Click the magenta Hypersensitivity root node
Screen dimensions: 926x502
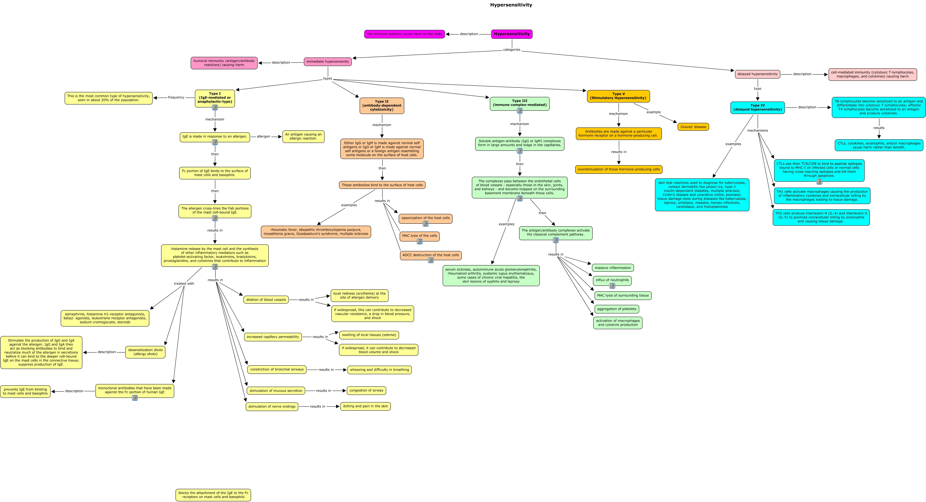(x=512, y=34)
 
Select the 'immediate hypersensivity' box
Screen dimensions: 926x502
(x=327, y=61)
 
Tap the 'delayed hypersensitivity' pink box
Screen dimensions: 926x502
(x=757, y=74)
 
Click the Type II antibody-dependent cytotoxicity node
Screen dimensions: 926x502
(x=382, y=106)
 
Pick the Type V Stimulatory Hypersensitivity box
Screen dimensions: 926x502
(x=618, y=96)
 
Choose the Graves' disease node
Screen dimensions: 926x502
(x=693, y=127)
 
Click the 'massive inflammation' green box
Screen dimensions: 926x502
(x=613, y=268)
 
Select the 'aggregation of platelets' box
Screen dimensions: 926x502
(x=617, y=309)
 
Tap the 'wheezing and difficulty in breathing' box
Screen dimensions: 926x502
(x=379, y=370)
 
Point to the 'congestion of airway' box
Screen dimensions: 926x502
(x=366, y=390)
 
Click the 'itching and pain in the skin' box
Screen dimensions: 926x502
(x=365, y=406)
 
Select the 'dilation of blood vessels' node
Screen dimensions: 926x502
(x=266, y=300)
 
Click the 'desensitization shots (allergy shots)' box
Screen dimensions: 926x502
(x=145, y=352)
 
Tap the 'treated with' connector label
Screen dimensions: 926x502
(x=184, y=284)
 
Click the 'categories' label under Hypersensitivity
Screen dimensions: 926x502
(x=512, y=50)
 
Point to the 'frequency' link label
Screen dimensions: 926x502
(x=176, y=98)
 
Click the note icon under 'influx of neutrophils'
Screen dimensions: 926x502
(x=612, y=286)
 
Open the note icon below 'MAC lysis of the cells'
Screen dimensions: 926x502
(x=419, y=242)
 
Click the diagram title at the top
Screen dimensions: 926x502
(x=511, y=5)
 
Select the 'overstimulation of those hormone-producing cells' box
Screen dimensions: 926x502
(x=619, y=170)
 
